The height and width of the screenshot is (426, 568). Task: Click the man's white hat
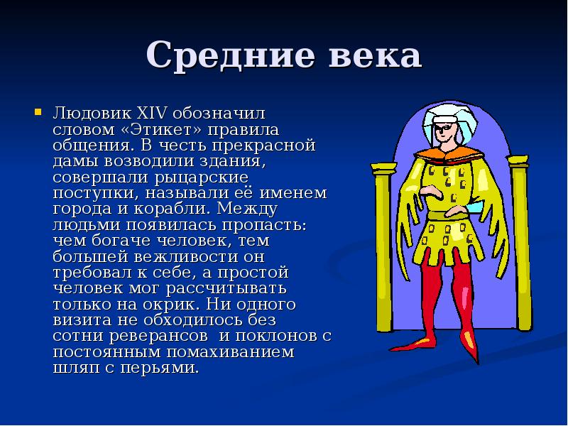click(x=442, y=116)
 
